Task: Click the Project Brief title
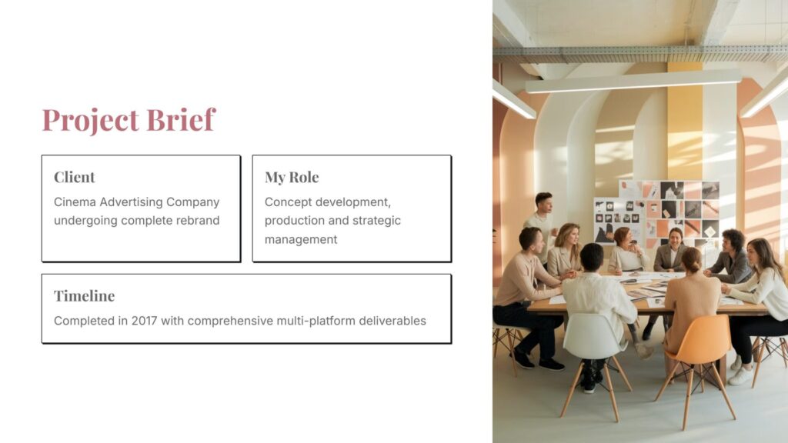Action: coord(129,120)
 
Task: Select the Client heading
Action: coord(75,177)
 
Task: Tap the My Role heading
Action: coord(292,177)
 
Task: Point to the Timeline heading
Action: coord(84,295)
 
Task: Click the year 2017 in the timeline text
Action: coord(144,321)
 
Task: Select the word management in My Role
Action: coord(301,240)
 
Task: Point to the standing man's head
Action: coord(544,203)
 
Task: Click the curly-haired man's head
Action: coord(733,241)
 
